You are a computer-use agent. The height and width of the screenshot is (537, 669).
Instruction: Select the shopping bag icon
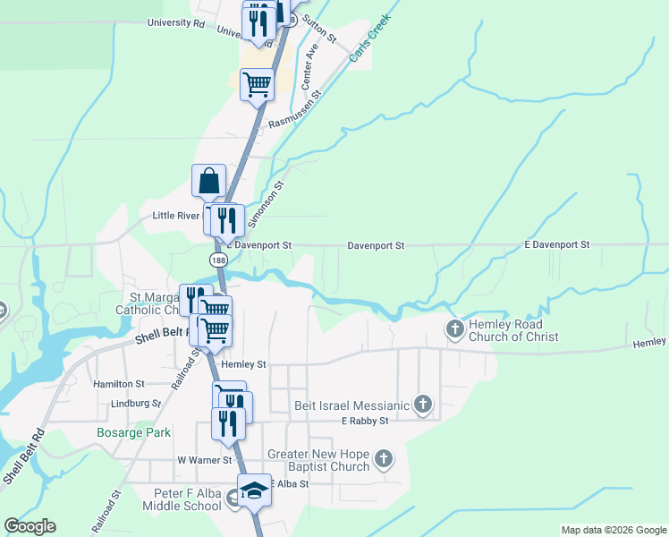point(208,180)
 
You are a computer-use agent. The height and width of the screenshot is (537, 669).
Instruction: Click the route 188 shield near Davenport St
point(218,260)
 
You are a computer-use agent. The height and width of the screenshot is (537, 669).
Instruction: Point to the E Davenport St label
point(556,244)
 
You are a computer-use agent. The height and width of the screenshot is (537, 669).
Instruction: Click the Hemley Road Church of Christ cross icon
point(455,329)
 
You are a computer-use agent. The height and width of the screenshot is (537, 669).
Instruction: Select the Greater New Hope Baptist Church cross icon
point(384,459)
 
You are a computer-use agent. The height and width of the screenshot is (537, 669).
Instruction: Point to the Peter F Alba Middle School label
point(182,499)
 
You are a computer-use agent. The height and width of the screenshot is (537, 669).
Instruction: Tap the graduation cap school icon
point(255,490)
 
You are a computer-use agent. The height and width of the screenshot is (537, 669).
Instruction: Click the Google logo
point(30,526)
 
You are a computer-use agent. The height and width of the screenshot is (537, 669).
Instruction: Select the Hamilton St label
point(119,383)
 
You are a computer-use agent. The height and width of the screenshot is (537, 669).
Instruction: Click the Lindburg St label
point(131,404)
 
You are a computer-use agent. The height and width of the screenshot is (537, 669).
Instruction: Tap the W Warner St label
point(204,460)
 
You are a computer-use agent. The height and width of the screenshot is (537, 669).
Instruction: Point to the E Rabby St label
point(364,421)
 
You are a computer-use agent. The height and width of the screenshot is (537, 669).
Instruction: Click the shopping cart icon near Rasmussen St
point(258,84)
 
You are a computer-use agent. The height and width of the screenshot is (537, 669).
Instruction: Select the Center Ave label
point(309,69)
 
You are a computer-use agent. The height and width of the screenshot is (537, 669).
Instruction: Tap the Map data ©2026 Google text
point(613,530)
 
